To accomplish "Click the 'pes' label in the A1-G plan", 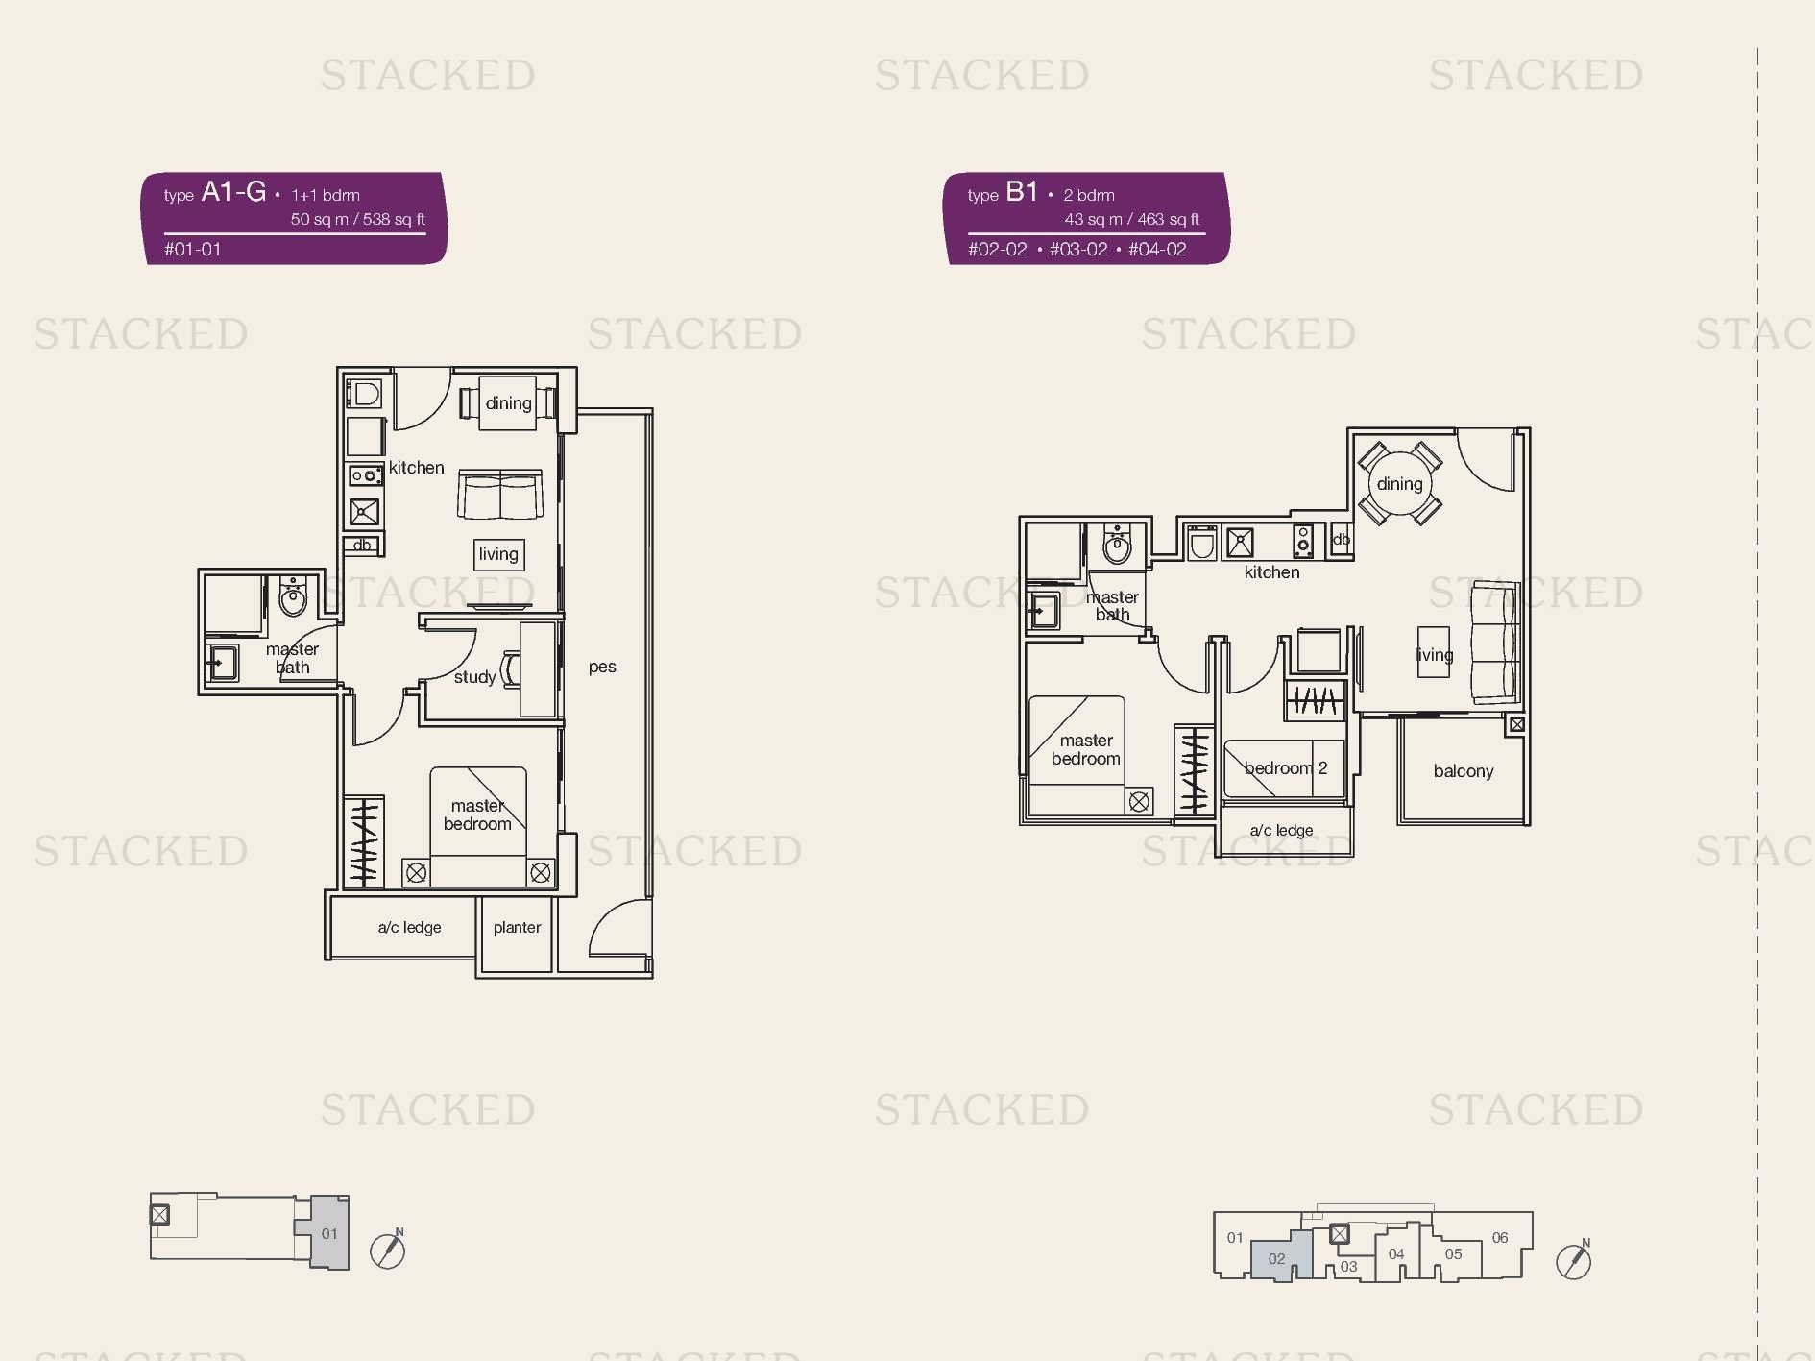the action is click(602, 667).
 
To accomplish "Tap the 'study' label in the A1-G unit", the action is click(474, 677).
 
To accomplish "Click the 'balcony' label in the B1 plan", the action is click(1464, 771).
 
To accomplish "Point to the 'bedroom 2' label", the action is click(1286, 768).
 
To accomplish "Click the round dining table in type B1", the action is click(1400, 483).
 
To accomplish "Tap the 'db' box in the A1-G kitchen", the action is click(362, 545).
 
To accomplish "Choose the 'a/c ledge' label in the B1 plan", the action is click(1281, 831).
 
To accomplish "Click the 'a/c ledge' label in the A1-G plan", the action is click(409, 928).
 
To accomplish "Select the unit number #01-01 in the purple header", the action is click(193, 250).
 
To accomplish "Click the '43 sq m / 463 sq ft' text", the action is click(1131, 219).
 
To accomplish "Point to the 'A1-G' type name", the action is click(233, 192).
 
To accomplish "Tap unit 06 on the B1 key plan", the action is click(1500, 1238).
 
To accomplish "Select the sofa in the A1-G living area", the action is click(500, 494).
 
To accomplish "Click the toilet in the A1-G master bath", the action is click(293, 595).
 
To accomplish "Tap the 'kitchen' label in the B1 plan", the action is click(1271, 572).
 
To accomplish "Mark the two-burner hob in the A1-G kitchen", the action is click(365, 475).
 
